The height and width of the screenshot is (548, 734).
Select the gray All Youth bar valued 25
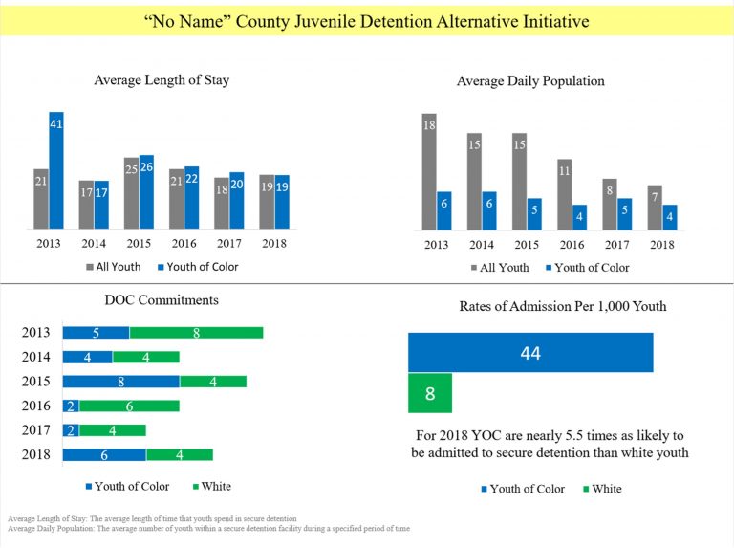click(x=131, y=193)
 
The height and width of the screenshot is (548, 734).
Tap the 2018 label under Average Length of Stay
click(x=273, y=244)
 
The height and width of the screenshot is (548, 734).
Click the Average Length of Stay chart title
click(x=162, y=80)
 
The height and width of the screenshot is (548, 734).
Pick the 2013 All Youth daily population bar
click(x=429, y=172)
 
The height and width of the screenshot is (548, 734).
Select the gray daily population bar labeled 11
click(x=564, y=195)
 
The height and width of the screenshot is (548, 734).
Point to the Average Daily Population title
click(x=530, y=81)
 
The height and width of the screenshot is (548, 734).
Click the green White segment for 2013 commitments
click(x=196, y=333)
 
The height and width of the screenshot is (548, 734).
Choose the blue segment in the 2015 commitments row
click(x=120, y=381)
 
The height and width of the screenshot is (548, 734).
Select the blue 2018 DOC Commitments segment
click(x=104, y=454)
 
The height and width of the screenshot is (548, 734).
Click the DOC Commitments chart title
click(x=162, y=300)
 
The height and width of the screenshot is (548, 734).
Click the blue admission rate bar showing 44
click(x=530, y=353)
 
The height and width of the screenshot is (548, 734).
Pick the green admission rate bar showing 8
click(x=430, y=393)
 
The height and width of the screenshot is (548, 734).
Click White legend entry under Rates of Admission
click(x=601, y=489)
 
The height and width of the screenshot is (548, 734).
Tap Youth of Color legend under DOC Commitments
click(x=128, y=487)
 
